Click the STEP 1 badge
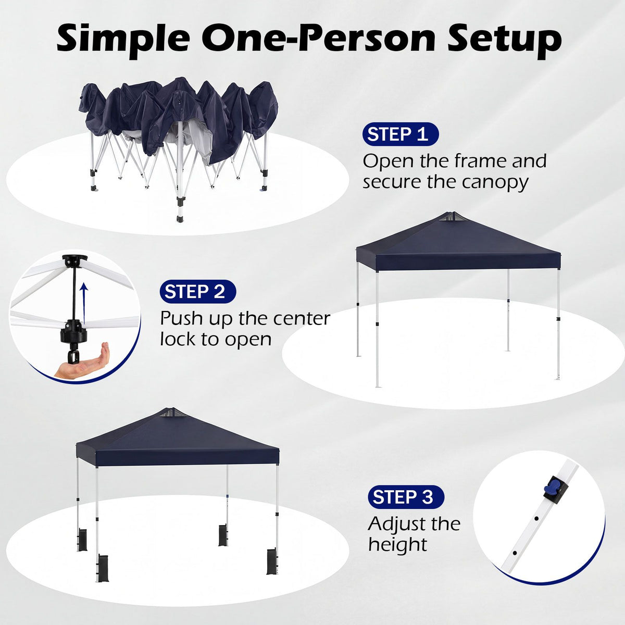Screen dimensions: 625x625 [400, 134]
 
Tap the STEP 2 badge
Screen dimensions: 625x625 [197, 292]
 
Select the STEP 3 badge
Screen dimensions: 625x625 [406, 497]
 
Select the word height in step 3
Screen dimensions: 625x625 [397, 545]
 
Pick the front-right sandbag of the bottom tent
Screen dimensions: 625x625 [272, 561]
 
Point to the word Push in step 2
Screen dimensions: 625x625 [182, 318]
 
